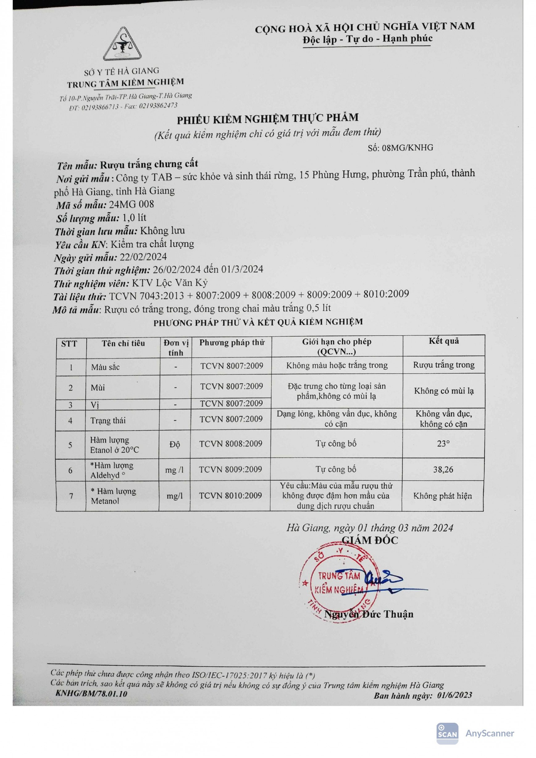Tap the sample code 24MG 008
point(132,204)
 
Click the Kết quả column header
point(444,341)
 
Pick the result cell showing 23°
point(443,444)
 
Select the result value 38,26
point(443,469)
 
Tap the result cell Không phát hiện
point(442,496)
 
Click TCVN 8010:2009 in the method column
point(231,496)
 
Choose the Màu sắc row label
point(105,367)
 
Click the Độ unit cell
point(175,444)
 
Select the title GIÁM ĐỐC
point(370,540)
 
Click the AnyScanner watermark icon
point(447,734)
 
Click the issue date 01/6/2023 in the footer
point(454,695)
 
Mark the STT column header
point(69,344)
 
